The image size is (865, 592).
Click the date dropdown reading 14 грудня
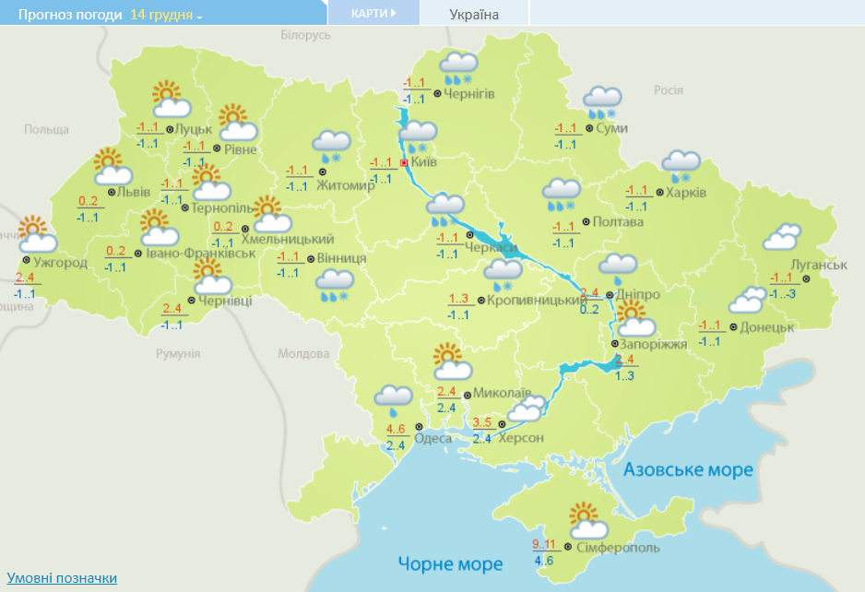pyautogui.click(x=166, y=16)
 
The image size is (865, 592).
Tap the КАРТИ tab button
pyautogui.click(x=373, y=14)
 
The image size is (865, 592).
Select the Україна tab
pyautogui.click(x=474, y=15)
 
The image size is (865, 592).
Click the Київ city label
pyautogui.click(x=424, y=162)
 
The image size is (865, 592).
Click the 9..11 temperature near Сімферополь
pyautogui.click(x=546, y=543)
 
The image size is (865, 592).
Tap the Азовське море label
pyautogui.click(x=688, y=470)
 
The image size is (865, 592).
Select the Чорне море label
pyautogui.click(x=450, y=563)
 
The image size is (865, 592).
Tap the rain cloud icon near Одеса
pyautogui.click(x=393, y=398)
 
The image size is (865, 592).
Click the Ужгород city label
pyautogui.click(x=60, y=263)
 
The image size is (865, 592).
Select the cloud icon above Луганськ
pyautogui.click(x=781, y=237)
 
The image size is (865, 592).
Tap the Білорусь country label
pyautogui.click(x=304, y=35)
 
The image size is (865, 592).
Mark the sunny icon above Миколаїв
pyautogui.click(x=451, y=362)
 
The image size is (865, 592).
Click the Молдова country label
pyautogui.click(x=303, y=354)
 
